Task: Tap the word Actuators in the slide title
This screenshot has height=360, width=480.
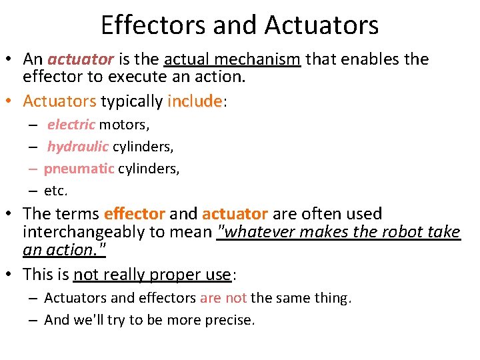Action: pyautogui.click(x=321, y=25)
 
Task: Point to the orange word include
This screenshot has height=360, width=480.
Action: pyautogui.click(x=194, y=101)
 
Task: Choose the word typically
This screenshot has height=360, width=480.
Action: pyautogui.click(x=132, y=101)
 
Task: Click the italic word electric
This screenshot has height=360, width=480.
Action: pyautogui.click(x=71, y=125)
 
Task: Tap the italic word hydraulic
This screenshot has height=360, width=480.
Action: pyautogui.click(x=77, y=147)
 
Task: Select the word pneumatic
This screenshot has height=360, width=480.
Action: pyautogui.click(x=79, y=169)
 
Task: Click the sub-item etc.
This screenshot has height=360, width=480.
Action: pyautogui.click(x=55, y=191)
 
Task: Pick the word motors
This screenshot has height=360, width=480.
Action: pyautogui.click(x=125, y=125)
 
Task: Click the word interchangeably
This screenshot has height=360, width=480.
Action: pyautogui.click(x=99, y=232)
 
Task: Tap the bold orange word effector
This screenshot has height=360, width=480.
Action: pyautogui.click(x=135, y=214)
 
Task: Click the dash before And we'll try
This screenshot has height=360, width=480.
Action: pyautogui.click(x=32, y=320)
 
